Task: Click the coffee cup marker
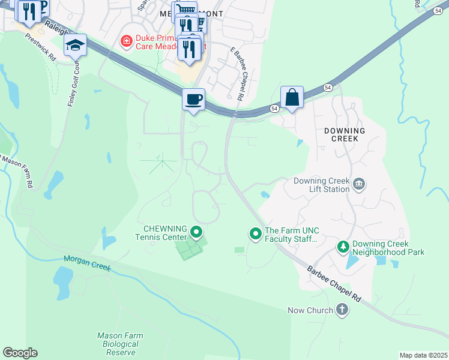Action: [x=193, y=99]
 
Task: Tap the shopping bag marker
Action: [x=292, y=97]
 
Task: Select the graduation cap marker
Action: [x=75, y=46]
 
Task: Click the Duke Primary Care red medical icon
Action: [x=126, y=41]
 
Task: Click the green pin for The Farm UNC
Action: [x=256, y=233]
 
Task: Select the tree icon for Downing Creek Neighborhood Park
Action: [x=343, y=247]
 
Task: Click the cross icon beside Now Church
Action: [x=342, y=310]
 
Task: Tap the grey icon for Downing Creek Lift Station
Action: [x=358, y=184]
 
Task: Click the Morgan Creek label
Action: [x=88, y=263]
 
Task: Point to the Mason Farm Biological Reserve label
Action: [x=117, y=344]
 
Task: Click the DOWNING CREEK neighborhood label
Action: [x=345, y=134]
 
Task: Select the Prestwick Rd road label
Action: [x=40, y=46]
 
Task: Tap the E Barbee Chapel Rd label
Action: [x=237, y=73]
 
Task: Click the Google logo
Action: [x=20, y=353]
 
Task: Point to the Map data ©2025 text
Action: [x=423, y=355]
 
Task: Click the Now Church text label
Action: [x=310, y=310]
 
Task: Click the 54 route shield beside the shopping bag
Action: [x=274, y=109]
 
